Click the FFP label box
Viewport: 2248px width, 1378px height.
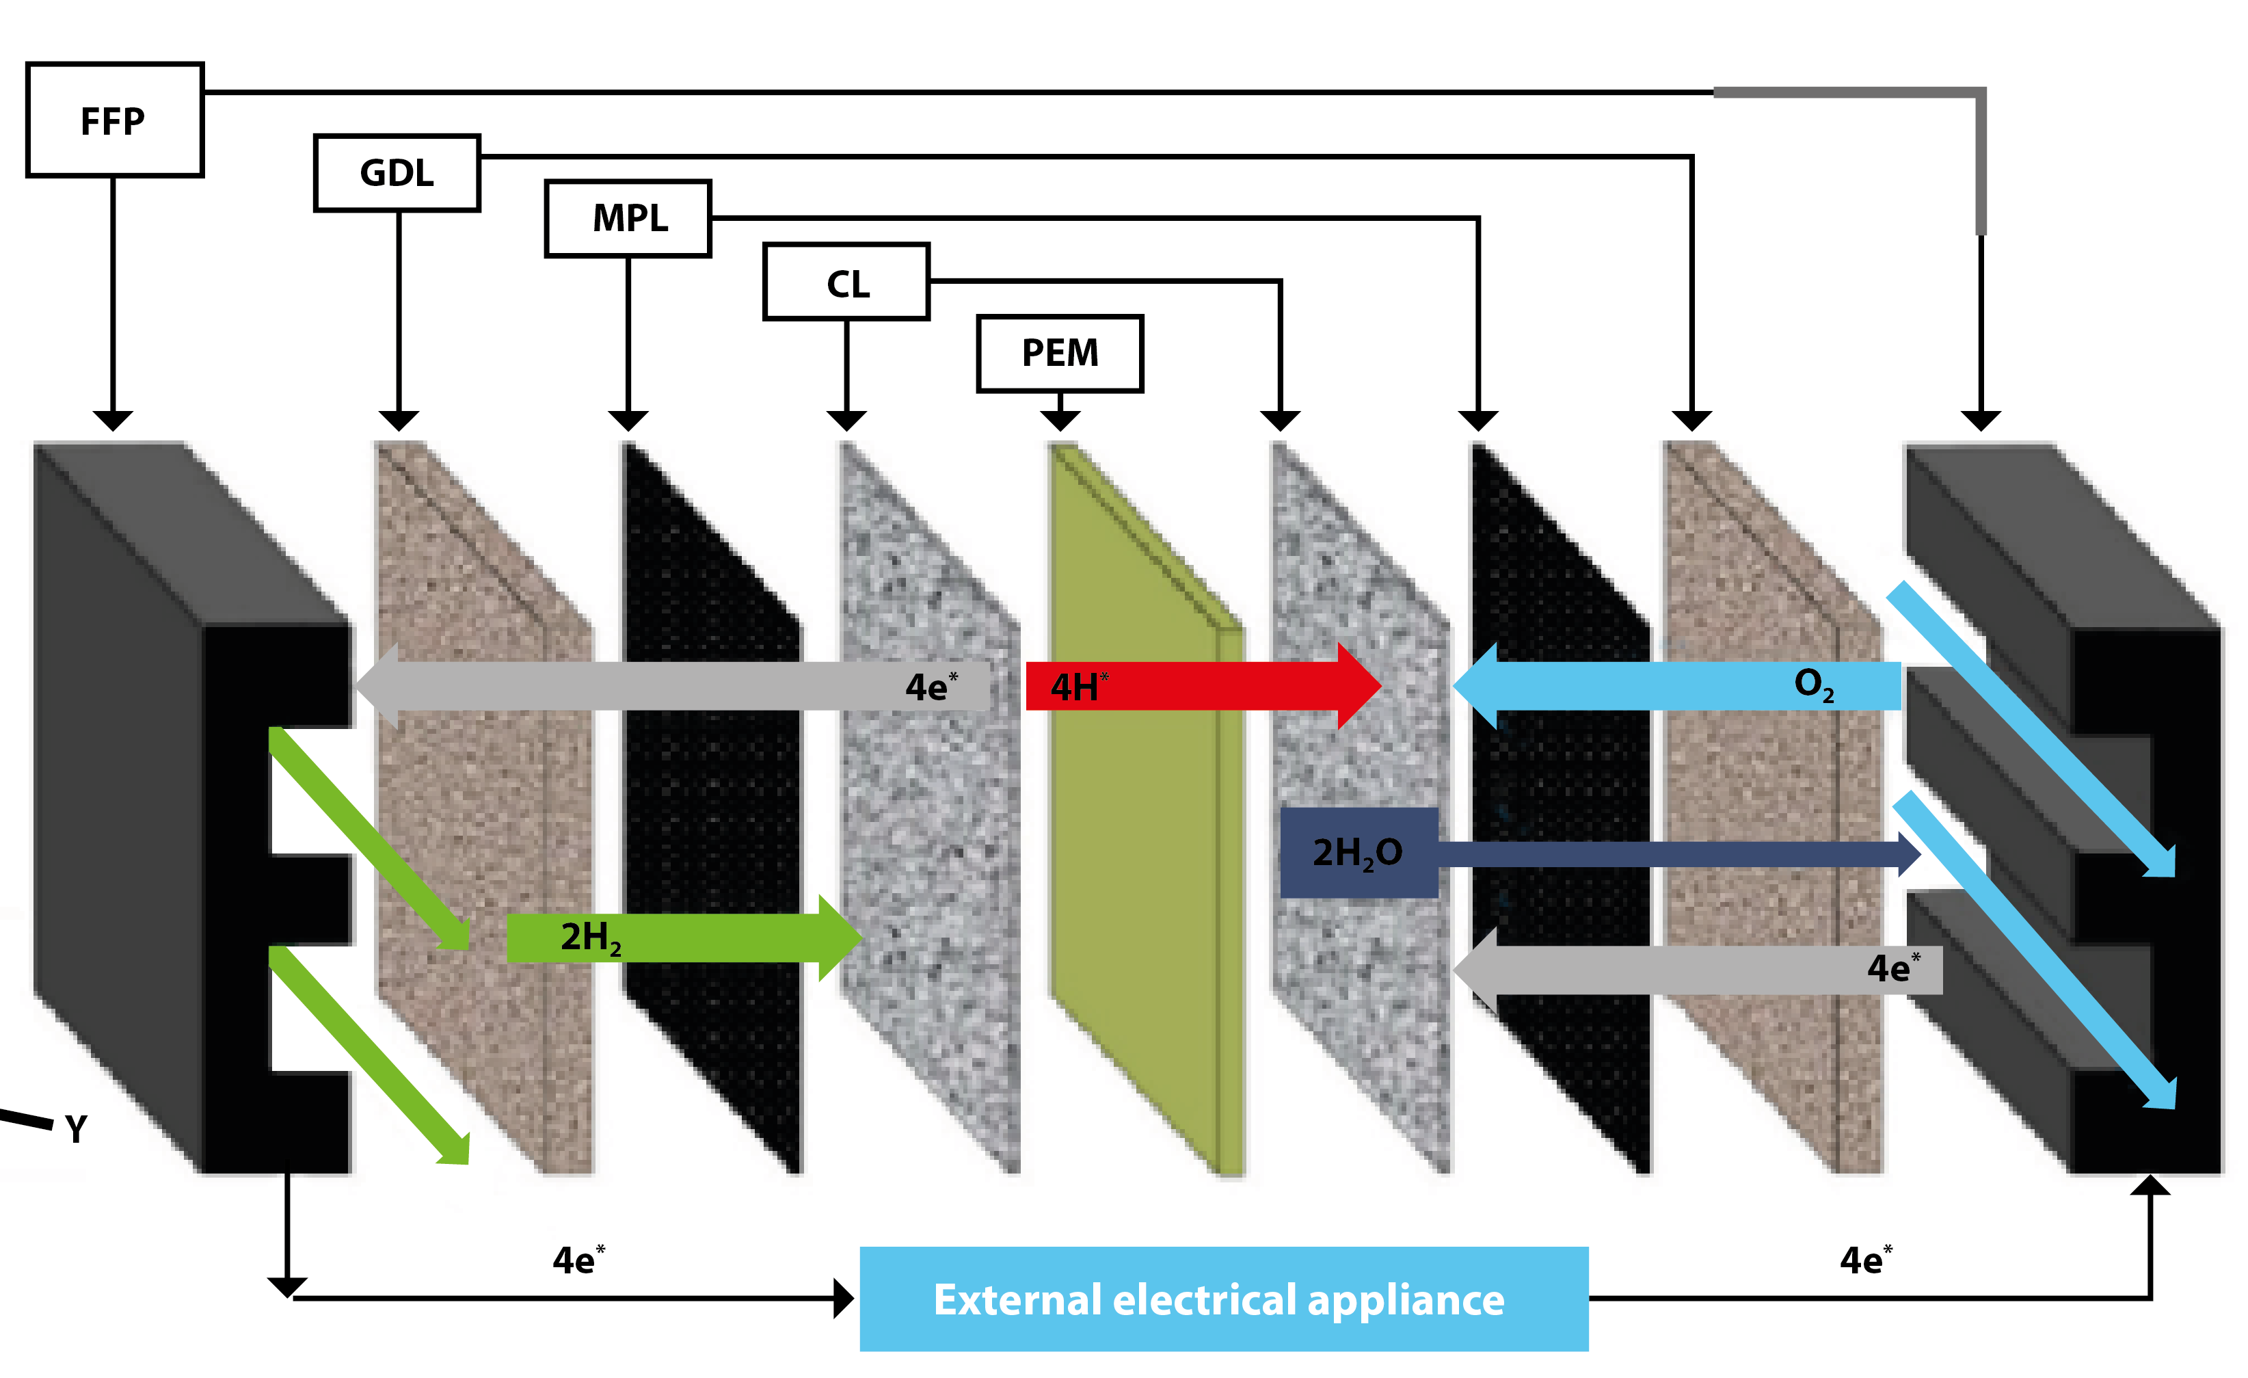click(114, 120)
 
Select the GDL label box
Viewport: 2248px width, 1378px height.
click(397, 172)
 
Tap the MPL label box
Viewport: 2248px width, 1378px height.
click(628, 218)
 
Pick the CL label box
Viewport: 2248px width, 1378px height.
click(846, 282)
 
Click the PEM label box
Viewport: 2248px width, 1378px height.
click(1059, 353)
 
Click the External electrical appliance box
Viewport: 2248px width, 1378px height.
click(1222, 1299)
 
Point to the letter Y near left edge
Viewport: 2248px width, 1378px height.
click(77, 1130)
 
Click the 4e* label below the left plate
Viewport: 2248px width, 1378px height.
click(578, 1260)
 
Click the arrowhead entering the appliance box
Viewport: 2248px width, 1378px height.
click(843, 1298)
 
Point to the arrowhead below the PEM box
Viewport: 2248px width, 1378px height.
click(1059, 420)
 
